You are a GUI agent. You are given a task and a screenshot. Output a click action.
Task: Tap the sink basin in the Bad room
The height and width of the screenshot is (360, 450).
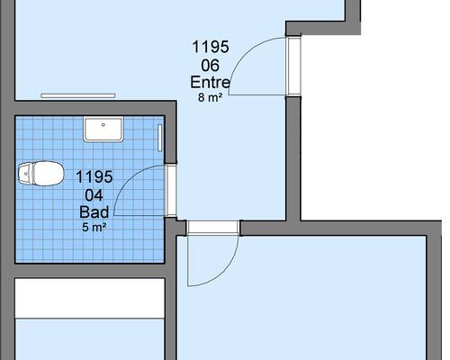(103, 129)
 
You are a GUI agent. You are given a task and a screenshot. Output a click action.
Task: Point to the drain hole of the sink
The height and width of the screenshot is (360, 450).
(103, 124)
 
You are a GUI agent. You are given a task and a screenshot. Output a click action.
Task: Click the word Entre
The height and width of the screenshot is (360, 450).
(211, 82)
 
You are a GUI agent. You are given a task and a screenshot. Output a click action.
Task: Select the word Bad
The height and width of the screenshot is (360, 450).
(94, 212)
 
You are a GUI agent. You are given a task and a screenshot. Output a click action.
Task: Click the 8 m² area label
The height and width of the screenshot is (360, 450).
(210, 97)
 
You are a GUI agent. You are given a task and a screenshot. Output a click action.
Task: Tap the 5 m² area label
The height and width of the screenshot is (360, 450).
(94, 228)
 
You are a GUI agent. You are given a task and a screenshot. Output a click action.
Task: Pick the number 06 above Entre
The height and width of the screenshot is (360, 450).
(210, 66)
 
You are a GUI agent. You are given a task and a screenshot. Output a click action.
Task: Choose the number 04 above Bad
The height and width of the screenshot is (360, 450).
(94, 195)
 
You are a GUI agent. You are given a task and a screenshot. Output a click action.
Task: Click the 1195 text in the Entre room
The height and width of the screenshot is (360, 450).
(211, 47)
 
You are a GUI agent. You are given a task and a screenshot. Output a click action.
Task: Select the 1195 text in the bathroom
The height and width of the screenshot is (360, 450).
(94, 176)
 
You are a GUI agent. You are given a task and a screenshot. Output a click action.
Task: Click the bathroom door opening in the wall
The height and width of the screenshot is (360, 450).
(171, 190)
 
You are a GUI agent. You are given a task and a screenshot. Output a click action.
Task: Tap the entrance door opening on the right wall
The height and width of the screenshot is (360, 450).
(293, 66)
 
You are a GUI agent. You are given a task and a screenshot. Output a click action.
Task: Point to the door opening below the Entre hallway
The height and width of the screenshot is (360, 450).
(213, 228)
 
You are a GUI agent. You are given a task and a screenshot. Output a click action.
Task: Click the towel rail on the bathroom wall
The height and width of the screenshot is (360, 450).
(160, 138)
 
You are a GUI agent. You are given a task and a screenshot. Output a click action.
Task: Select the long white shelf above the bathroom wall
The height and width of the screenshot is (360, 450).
(78, 95)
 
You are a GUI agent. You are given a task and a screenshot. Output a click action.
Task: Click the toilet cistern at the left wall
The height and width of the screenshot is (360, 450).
(24, 174)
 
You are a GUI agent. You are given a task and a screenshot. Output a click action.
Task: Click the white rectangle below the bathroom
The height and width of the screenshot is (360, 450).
(90, 299)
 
